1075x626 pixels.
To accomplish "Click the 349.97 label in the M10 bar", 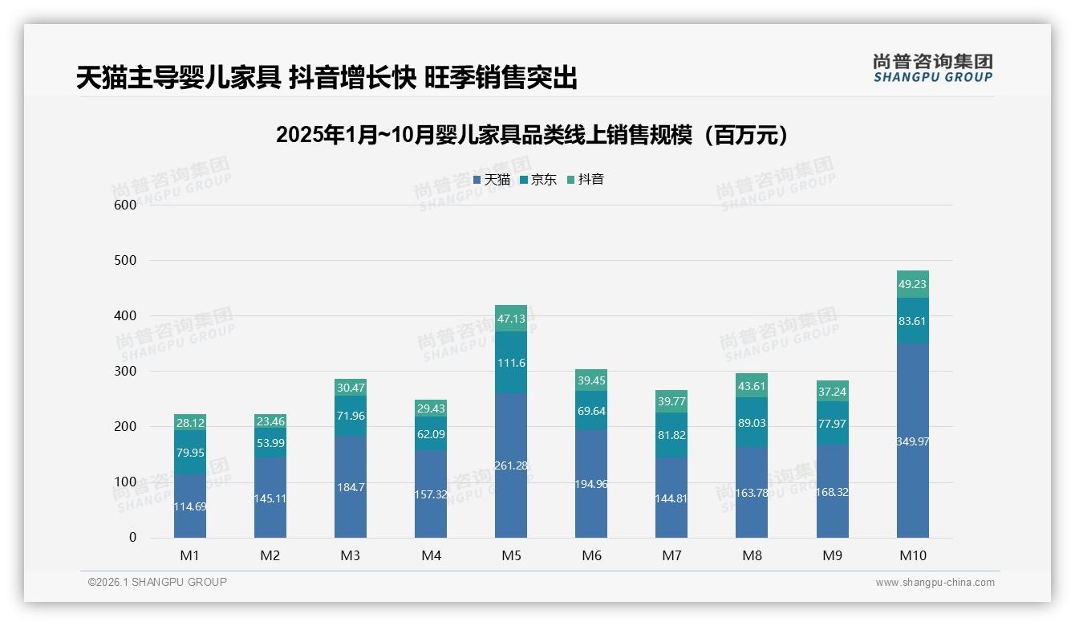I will (x=912, y=441).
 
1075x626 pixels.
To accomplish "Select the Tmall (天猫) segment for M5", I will (x=511, y=465).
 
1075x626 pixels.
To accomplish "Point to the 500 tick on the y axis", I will (x=125, y=261).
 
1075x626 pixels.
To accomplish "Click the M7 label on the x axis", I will (x=671, y=555).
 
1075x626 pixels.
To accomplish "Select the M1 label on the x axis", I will (x=190, y=555).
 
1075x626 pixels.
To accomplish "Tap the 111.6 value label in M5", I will (x=511, y=364).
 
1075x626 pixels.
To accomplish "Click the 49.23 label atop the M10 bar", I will (x=912, y=284).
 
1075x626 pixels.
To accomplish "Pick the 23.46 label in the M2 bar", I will (x=270, y=421).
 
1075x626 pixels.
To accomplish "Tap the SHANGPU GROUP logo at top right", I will (x=932, y=68).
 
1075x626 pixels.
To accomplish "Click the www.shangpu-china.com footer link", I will (x=935, y=583).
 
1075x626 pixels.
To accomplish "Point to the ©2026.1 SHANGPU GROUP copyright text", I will (x=157, y=582).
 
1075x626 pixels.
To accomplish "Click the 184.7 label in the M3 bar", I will (x=351, y=487).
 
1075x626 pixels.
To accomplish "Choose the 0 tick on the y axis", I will (x=133, y=538).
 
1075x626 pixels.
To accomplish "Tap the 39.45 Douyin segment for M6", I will (x=591, y=380).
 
